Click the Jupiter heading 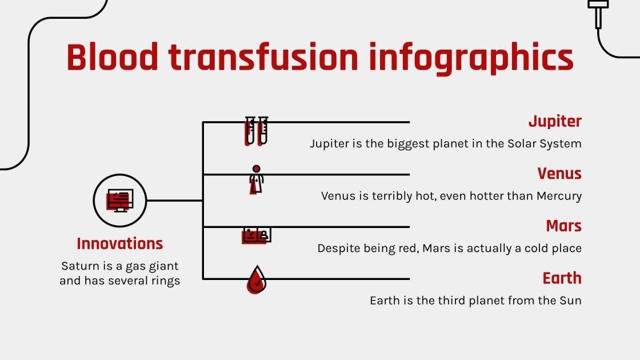554,121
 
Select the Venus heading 559,174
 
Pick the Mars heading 563,226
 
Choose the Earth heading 562,278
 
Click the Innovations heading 120,243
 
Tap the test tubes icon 257,131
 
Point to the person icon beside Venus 256,179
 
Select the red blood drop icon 257,279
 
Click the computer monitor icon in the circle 120,201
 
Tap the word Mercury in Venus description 559,196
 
